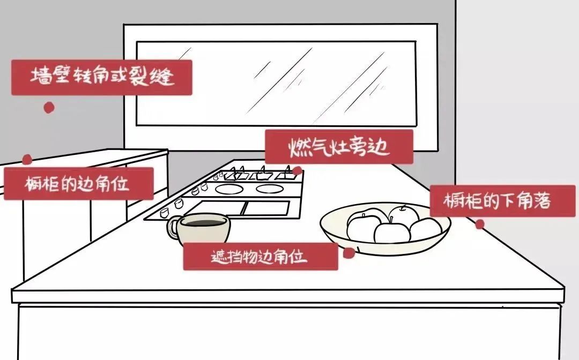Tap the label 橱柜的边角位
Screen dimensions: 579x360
pos(78,184)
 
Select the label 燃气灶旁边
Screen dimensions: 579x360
pos(339,147)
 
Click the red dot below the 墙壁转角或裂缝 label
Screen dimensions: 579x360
pos(49,108)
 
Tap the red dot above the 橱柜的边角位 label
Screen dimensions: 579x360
pos(27,159)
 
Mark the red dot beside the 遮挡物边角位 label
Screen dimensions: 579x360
pos(348,253)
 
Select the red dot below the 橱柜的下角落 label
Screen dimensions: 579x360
pos(480,224)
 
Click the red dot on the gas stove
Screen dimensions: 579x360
pos(297,170)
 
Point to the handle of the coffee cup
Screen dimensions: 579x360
pos(172,228)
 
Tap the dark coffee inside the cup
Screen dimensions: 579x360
pos(204,223)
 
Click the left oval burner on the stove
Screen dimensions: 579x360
pos(229,189)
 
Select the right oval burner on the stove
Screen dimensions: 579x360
pos(270,189)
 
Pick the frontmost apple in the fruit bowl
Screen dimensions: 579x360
pos(392,232)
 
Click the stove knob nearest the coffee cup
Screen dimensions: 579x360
pos(165,212)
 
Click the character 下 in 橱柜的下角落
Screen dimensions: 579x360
pos(508,201)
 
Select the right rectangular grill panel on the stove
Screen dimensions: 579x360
pos(266,208)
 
